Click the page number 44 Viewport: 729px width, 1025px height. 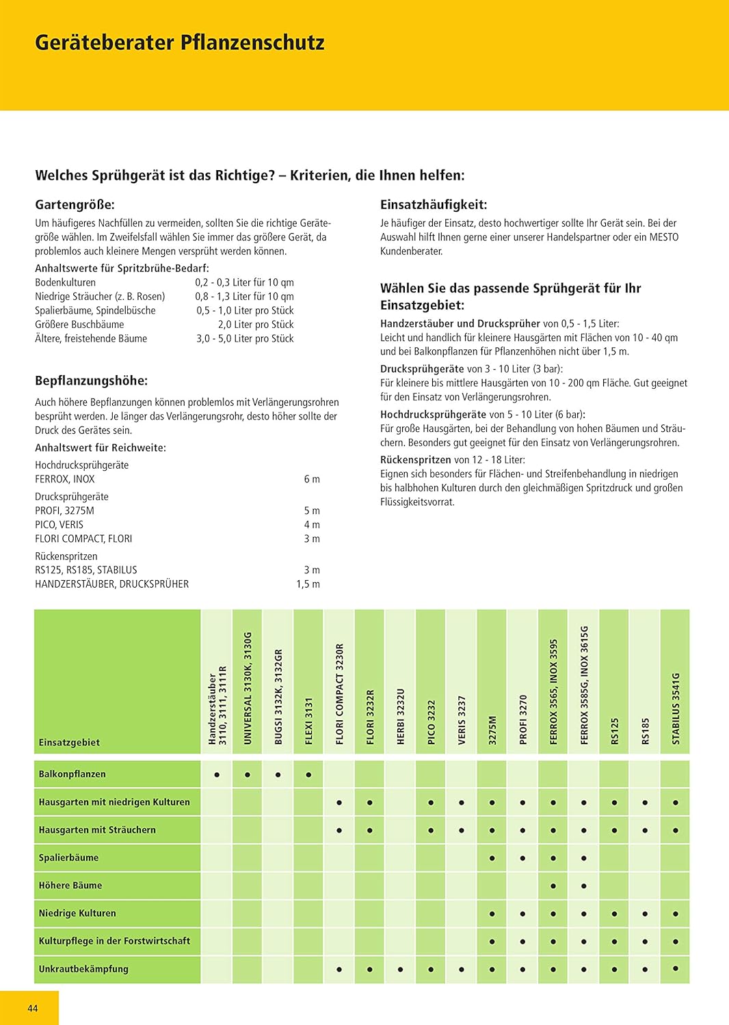[32, 1008]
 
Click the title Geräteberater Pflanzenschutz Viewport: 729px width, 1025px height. [179, 42]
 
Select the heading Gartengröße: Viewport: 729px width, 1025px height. [75, 204]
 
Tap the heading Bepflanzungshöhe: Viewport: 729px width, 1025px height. [91, 381]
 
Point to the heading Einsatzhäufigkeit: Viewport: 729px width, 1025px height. [433, 204]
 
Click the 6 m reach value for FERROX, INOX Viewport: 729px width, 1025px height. [311, 479]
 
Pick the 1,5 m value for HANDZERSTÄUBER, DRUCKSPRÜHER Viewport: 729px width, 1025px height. [308, 584]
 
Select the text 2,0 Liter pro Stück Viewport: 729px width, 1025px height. [255, 325]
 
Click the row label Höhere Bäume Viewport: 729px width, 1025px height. [70, 886]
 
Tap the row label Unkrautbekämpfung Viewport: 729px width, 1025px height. [83, 969]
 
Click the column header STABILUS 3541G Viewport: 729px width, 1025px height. [676, 708]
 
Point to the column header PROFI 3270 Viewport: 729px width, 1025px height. [523, 719]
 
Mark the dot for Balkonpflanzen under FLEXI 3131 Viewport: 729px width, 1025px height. [308, 775]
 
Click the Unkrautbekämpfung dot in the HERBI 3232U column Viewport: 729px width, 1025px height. [401, 969]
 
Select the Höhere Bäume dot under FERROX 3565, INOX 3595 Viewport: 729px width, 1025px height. [553, 886]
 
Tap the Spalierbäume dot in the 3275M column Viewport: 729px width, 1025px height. [492, 858]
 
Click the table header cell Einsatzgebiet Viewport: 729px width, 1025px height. [69, 743]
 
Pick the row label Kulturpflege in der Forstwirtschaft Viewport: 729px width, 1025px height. [114, 941]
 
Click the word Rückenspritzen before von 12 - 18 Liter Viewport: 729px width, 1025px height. [415, 460]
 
